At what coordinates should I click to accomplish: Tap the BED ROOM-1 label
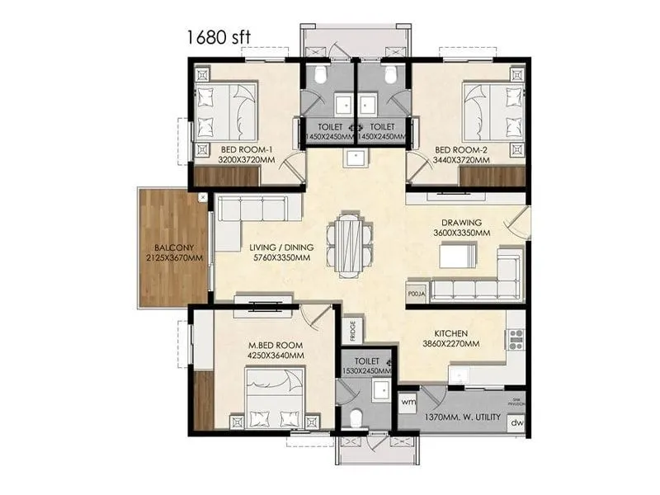[247, 149]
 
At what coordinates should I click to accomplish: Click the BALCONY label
[173, 247]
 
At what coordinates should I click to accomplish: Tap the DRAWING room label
[461, 224]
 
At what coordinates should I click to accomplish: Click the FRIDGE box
[351, 330]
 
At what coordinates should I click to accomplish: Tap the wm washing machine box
[408, 402]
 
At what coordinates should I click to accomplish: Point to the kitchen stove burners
[516, 337]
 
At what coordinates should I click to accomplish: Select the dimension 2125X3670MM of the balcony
[173, 258]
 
